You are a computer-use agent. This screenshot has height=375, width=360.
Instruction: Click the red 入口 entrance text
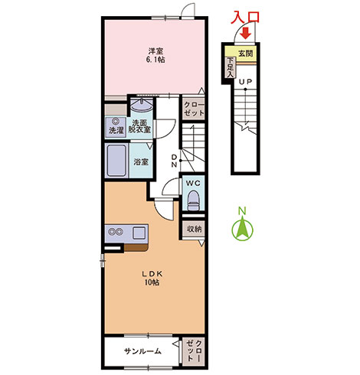[x=245, y=18]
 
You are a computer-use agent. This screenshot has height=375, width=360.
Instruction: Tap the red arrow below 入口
[x=246, y=34]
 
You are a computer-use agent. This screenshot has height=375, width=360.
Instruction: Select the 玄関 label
[x=246, y=54]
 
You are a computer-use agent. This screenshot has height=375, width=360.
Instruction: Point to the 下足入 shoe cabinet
[x=231, y=67]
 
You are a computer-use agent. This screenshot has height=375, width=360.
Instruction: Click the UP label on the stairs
[x=245, y=82]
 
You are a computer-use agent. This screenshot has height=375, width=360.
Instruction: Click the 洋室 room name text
[x=156, y=51]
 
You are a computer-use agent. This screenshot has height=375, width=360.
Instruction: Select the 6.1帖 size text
[x=156, y=60]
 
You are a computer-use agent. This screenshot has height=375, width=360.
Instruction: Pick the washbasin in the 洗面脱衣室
[x=142, y=105]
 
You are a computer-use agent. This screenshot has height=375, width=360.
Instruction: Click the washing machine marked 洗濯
[x=116, y=127]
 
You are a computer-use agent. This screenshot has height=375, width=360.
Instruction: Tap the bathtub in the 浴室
[x=117, y=161]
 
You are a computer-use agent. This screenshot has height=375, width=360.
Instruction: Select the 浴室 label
[x=141, y=161]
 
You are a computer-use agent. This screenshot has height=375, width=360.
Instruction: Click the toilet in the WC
[x=193, y=201]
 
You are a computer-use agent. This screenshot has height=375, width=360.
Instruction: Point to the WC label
[x=193, y=183]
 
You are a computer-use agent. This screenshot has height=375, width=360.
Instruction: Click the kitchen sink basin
[x=139, y=233]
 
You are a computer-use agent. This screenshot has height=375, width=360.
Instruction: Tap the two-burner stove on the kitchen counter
[x=116, y=232]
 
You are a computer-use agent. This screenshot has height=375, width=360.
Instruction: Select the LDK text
[x=152, y=274]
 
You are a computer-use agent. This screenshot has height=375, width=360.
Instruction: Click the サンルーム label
[x=142, y=351]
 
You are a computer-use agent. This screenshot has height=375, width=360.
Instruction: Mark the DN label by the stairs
[x=174, y=161]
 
